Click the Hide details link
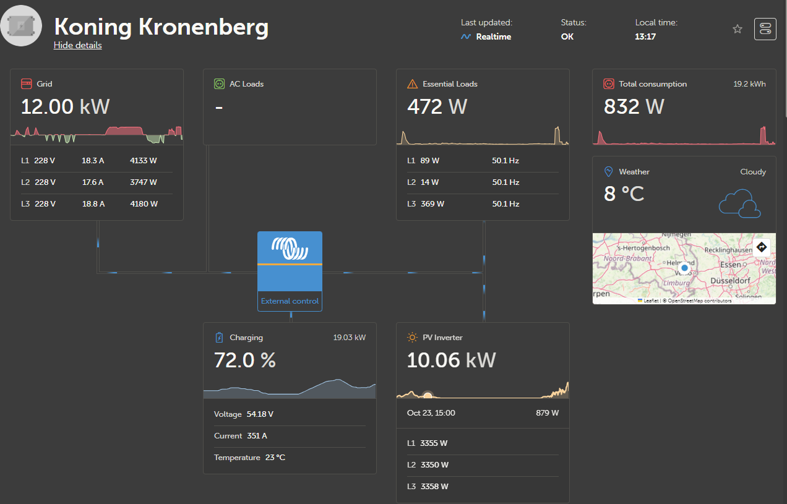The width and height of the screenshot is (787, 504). tap(77, 45)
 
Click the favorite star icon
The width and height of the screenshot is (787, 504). tap(737, 29)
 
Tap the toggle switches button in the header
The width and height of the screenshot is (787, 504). tap(765, 29)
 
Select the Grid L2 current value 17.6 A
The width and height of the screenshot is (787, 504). tap(93, 182)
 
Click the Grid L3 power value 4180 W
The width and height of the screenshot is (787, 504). tap(144, 203)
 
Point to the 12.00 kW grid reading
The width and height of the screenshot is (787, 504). tap(65, 107)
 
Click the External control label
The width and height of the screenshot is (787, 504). tap(290, 301)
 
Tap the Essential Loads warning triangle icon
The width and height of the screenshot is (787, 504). tap(412, 84)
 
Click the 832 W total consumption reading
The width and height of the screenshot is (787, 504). tap(634, 107)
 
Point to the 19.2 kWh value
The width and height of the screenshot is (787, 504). tap(749, 84)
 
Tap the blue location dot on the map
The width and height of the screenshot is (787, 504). tap(684, 268)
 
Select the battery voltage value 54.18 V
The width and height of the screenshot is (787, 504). tap(260, 414)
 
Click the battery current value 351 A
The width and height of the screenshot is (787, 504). tap(257, 435)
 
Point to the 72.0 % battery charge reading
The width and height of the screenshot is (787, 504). tap(244, 360)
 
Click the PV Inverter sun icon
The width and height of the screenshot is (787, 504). tap(412, 338)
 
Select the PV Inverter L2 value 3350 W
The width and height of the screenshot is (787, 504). tap(434, 464)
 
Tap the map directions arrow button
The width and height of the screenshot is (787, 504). tap(762, 247)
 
